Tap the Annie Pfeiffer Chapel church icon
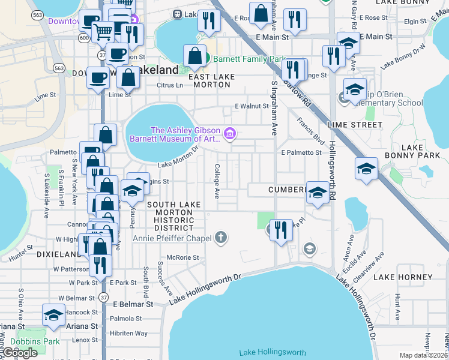point(221,238)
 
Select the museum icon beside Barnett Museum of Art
point(229,134)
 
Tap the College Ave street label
point(217,181)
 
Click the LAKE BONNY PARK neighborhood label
point(421,151)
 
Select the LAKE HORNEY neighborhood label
point(402,277)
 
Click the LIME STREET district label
point(355,125)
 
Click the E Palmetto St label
point(301,152)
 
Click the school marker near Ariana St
point(53,315)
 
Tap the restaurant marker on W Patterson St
point(100,265)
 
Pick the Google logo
point(19,353)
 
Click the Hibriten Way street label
point(128,333)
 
